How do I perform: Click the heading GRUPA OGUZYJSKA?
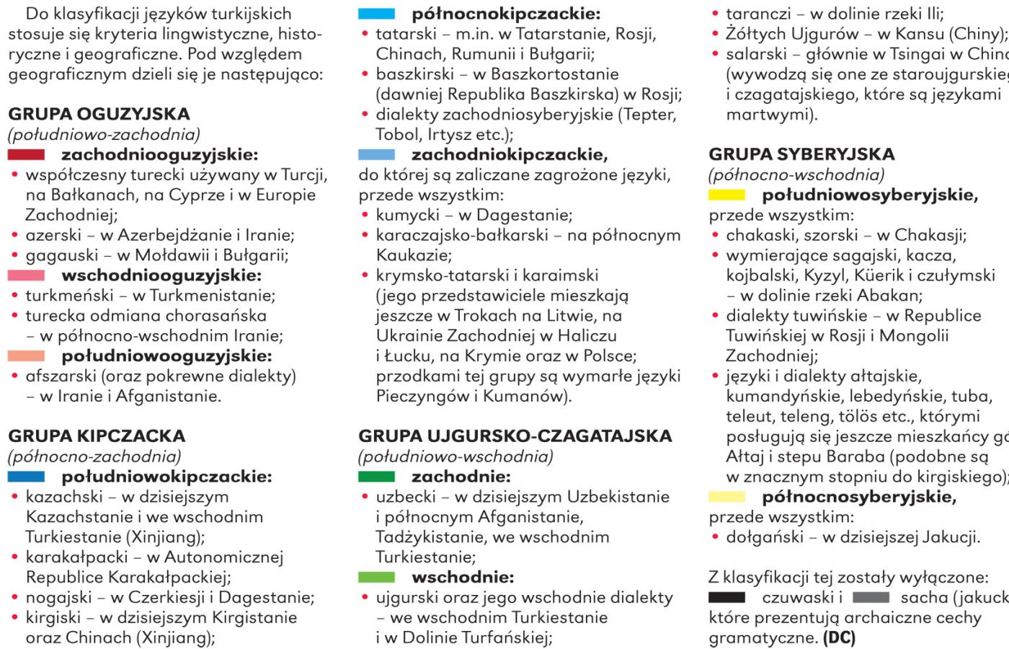click(x=99, y=114)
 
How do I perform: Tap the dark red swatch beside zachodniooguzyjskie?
click(x=26, y=154)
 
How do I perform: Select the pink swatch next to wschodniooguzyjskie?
click(x=26, y=275)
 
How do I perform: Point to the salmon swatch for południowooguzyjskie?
click(x=26, y=356)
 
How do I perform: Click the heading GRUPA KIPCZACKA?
click(x=97, y=436)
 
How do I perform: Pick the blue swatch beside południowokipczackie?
click(x=26, y=477)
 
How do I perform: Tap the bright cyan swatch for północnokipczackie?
click(x=376, y=13)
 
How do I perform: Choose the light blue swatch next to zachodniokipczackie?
click(x=376, y=154)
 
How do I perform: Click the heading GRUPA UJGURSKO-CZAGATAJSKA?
click(x=515, y=436)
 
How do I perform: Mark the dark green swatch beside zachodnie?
click(x=376, y=477)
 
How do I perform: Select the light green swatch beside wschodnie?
click(x=376, y=577)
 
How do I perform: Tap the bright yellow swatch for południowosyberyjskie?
click(x=727, y=195)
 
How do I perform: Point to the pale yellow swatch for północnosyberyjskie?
click(x=727, y=496)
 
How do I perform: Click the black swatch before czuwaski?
click(x=726, y=597)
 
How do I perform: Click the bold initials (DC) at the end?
click(x=840, y=638)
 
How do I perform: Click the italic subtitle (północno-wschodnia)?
click(x=796, y=175)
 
